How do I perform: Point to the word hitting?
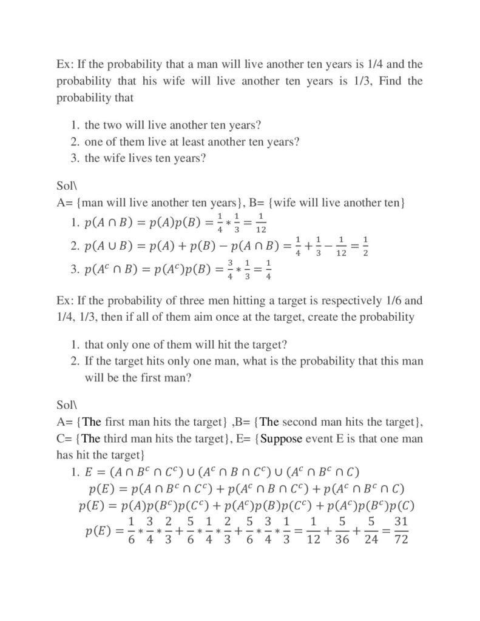tap(249, 300)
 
